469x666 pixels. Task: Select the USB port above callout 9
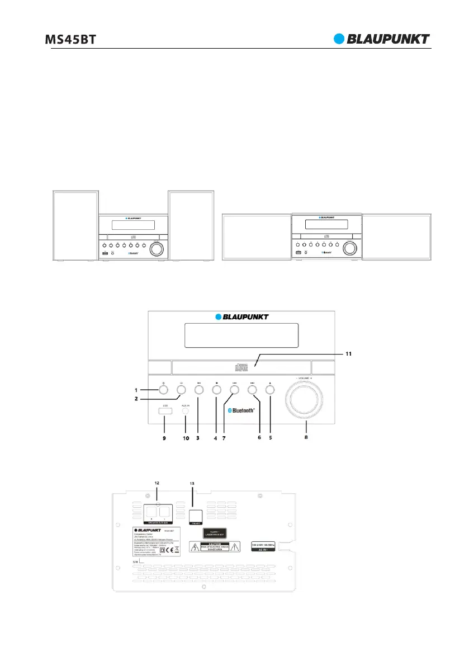165,412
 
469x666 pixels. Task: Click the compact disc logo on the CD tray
241,367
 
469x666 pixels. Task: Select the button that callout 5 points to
270,389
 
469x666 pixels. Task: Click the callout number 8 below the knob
305,439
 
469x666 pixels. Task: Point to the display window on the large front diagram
242,336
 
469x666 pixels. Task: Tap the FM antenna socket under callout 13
195,515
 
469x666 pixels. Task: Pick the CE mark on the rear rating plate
170,549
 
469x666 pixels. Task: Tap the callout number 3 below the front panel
198,439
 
